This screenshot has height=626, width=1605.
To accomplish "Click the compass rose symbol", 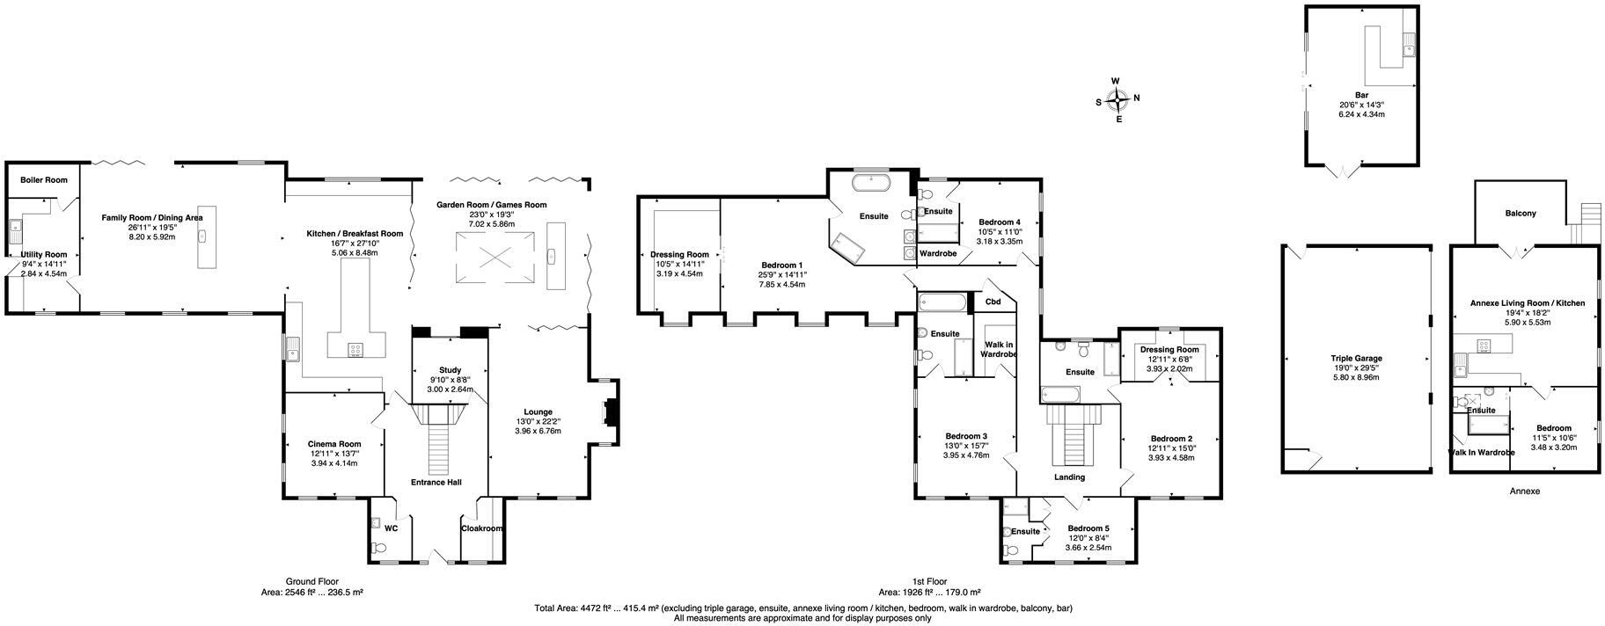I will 1118,99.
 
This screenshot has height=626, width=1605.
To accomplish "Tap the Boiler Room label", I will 44,179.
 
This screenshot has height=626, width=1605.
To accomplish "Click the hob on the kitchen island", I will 356,349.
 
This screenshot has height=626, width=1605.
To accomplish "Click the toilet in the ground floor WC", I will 379,548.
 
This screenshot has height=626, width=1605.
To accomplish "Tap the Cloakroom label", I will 481,528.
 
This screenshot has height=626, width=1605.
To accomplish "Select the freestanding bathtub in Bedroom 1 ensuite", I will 872,184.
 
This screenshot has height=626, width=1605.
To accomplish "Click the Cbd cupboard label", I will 993,302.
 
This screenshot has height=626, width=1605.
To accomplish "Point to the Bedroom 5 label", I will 1088,528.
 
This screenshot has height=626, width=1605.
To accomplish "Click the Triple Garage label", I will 1355,358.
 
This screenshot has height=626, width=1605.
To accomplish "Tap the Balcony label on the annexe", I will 1521,213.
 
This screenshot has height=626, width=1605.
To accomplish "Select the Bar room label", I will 1361,94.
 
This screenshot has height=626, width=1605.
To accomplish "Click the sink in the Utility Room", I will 15,231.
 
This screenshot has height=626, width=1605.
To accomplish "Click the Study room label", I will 450,369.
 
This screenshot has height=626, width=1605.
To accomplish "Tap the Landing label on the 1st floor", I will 1070,477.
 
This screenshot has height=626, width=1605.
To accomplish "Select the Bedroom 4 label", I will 999,222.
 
